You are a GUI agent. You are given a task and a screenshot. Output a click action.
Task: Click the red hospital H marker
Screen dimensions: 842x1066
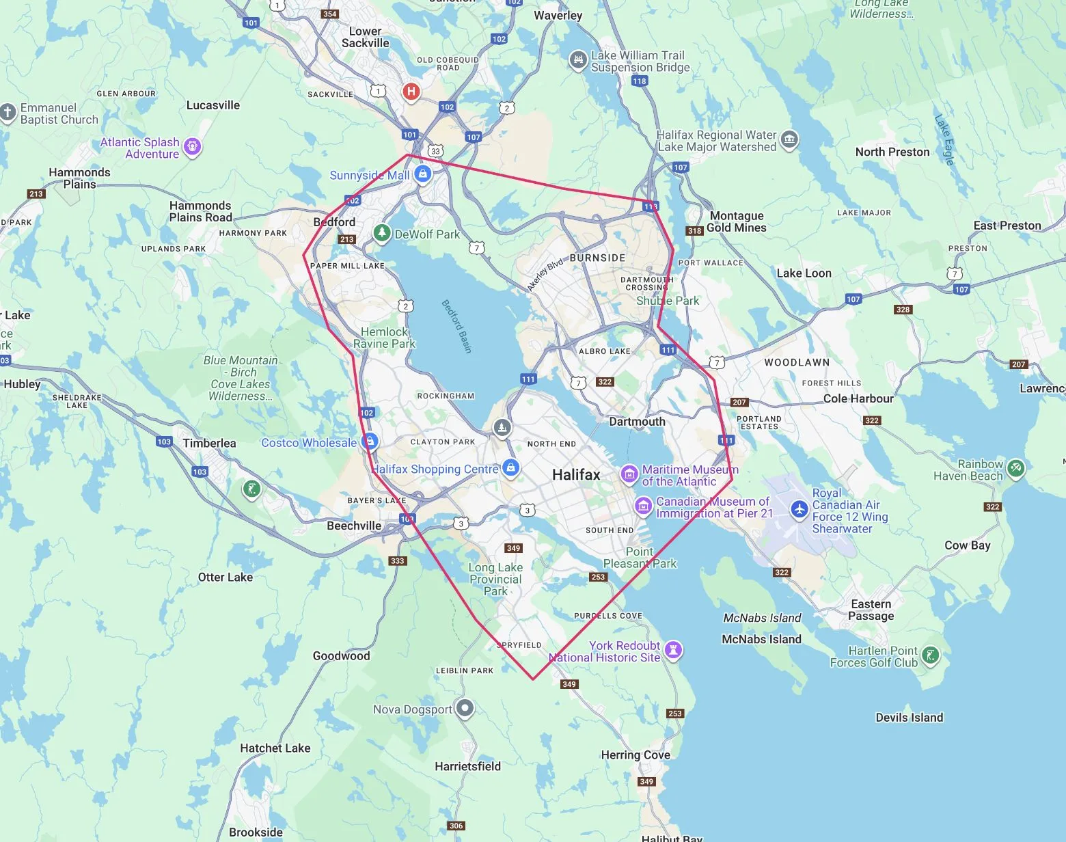pos(411,91)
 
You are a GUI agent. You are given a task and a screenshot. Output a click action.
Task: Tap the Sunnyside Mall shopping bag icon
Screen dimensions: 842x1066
pos(423,174)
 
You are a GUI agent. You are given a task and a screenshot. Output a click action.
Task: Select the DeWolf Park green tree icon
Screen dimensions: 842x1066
pos(382,234)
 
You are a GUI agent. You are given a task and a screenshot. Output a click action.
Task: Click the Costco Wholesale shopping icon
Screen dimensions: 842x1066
pos(370,441)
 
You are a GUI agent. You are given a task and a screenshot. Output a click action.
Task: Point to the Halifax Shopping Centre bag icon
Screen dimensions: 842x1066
pos(510,468)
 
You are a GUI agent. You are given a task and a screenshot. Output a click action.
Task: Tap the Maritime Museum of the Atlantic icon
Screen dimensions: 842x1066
pos(629,474)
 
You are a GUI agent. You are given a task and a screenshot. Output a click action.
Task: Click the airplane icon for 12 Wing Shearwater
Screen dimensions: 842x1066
pos(799,509)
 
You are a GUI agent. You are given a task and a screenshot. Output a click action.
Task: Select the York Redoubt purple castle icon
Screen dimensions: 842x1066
pos(674,650)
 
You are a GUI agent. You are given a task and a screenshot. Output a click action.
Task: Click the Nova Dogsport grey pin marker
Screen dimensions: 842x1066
pos(465,708)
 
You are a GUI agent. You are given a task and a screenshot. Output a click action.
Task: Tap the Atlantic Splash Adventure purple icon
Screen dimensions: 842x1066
pos(193,147)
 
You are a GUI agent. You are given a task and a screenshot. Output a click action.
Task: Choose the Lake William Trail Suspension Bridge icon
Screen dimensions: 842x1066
pos(578,60)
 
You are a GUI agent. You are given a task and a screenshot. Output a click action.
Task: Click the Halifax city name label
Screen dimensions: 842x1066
pos(576,474)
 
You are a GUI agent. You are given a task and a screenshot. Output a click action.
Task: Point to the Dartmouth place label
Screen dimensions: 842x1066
pos(637,422)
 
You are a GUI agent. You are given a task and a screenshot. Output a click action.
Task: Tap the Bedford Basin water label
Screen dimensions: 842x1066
pos(456,326)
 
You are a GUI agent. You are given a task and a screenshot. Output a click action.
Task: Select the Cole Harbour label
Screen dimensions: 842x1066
pos(858,398)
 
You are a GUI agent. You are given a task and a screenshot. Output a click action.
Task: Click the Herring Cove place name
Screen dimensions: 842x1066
pos(635,755)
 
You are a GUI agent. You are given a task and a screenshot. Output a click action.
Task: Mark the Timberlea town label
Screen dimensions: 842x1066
pos(209,443)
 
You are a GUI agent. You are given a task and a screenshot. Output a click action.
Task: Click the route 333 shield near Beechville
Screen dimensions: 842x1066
pos(398,561)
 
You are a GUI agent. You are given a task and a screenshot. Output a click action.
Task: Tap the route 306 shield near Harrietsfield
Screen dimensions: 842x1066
pos(456,826)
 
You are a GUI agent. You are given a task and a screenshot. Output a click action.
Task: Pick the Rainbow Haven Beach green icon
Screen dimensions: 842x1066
pos(1016,468)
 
